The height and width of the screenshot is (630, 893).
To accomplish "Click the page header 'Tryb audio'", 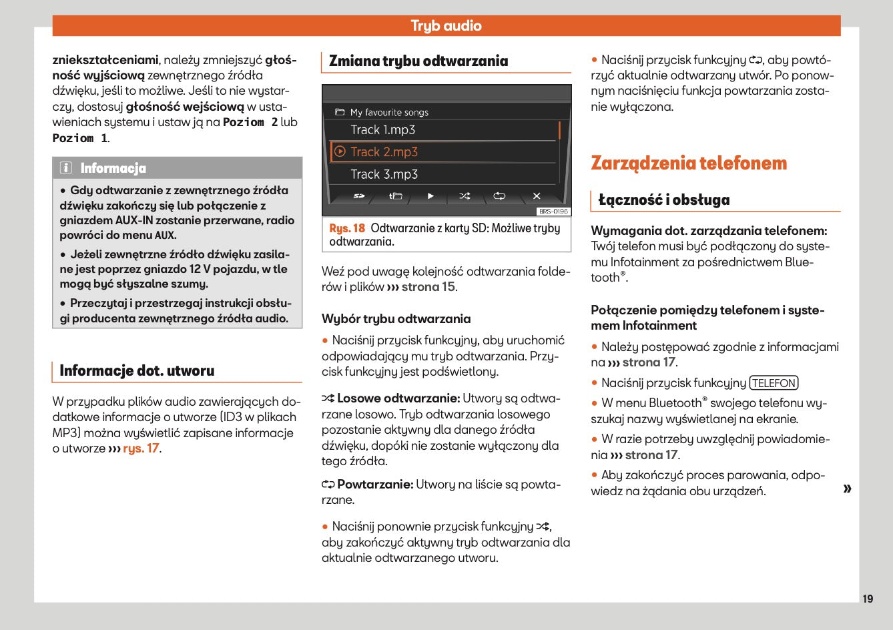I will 446,26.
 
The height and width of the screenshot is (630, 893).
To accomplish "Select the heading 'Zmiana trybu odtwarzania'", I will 418,61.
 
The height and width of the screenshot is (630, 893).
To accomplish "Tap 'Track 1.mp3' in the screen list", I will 383,130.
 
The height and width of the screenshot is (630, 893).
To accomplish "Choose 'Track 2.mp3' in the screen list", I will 384,152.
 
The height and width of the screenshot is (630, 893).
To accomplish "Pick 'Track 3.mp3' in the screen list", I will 384,175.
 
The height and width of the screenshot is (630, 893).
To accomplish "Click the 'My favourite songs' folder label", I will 389,113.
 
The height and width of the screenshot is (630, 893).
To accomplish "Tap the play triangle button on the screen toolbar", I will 430,196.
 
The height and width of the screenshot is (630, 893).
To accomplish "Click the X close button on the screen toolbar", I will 536,196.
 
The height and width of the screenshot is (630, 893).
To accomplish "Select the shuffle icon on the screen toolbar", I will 465,196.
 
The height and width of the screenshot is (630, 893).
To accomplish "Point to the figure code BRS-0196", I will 553,212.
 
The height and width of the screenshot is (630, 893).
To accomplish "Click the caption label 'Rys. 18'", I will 347,228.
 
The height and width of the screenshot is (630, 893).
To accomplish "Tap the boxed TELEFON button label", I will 774,383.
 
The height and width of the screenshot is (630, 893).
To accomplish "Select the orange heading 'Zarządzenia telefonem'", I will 689,164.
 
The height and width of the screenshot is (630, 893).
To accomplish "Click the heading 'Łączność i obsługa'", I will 663,200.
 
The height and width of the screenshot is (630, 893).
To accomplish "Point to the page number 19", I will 867,599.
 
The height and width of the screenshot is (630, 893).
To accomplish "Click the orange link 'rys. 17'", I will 141,448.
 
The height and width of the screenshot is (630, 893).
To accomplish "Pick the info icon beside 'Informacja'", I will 66,168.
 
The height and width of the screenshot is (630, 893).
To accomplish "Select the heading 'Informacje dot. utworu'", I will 137,371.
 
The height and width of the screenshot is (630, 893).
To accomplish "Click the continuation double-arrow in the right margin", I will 847,489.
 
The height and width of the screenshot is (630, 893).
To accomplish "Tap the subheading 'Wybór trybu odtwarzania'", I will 396,319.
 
